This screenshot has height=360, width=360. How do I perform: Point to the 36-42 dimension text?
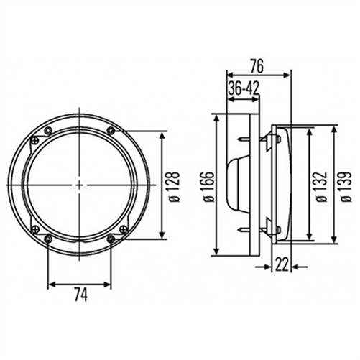(x=244, y=88)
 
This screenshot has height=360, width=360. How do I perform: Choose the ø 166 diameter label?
(x=207, y=185)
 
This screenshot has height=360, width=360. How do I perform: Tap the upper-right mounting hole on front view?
(x=111, y=130)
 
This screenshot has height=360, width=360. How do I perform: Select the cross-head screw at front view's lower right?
(x=110, y=239)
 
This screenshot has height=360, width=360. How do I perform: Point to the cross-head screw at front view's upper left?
(x=47, y=130)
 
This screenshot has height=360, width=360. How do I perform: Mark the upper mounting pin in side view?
(x=244, y=139)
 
